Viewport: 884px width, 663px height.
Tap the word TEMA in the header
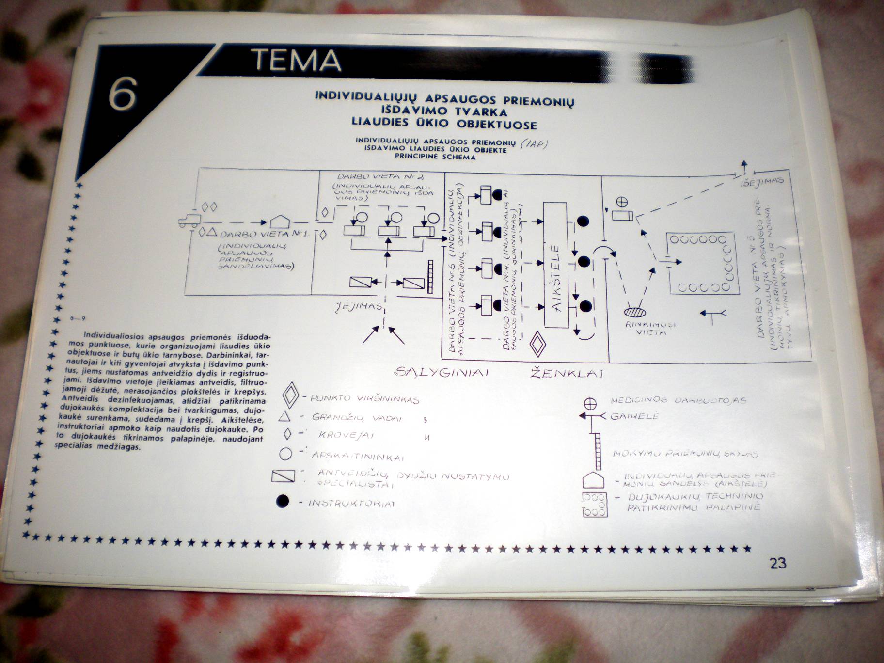(x=297, y=61)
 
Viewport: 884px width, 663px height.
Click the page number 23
(x=777, y=564)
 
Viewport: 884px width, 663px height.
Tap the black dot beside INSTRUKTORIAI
(x=282, y=502)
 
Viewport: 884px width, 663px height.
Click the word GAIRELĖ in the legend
(x=635, y=416)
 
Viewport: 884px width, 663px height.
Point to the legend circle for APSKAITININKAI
(x=285, y=454)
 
